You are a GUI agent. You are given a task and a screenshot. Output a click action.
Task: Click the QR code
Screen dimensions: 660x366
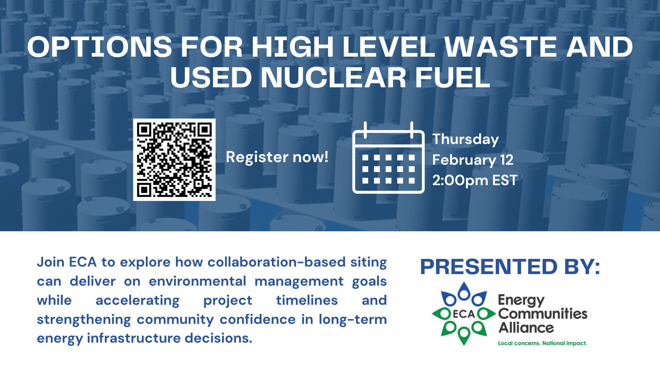click(174, 160)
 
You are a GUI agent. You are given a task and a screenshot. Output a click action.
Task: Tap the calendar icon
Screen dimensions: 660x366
click(388, 157)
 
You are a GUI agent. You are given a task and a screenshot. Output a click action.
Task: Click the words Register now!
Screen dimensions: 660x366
click(277, 157)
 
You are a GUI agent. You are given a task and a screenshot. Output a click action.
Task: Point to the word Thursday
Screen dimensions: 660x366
click(466, 139)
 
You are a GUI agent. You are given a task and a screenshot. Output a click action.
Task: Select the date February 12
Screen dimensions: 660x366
click(473, 160)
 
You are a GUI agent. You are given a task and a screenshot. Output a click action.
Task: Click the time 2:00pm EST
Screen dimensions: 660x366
click(475, 181)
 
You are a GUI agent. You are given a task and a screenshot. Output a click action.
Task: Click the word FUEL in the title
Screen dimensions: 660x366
click(452, 77)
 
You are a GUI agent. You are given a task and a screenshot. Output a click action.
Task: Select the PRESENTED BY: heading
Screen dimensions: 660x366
click(510, 267)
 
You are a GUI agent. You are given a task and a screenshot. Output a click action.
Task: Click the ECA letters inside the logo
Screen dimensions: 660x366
click(464, 314)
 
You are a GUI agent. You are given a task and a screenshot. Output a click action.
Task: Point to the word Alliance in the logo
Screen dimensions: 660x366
click(526, 328)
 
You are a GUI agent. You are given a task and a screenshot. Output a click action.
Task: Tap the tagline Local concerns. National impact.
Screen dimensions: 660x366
click(543, 343)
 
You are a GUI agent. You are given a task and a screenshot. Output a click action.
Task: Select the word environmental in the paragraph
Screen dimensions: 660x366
click(197, 281)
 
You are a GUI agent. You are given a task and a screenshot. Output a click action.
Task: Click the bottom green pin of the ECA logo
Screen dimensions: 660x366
click(464, 336)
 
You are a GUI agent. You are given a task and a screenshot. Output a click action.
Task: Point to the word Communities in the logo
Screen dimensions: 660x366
click(543, 314)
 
